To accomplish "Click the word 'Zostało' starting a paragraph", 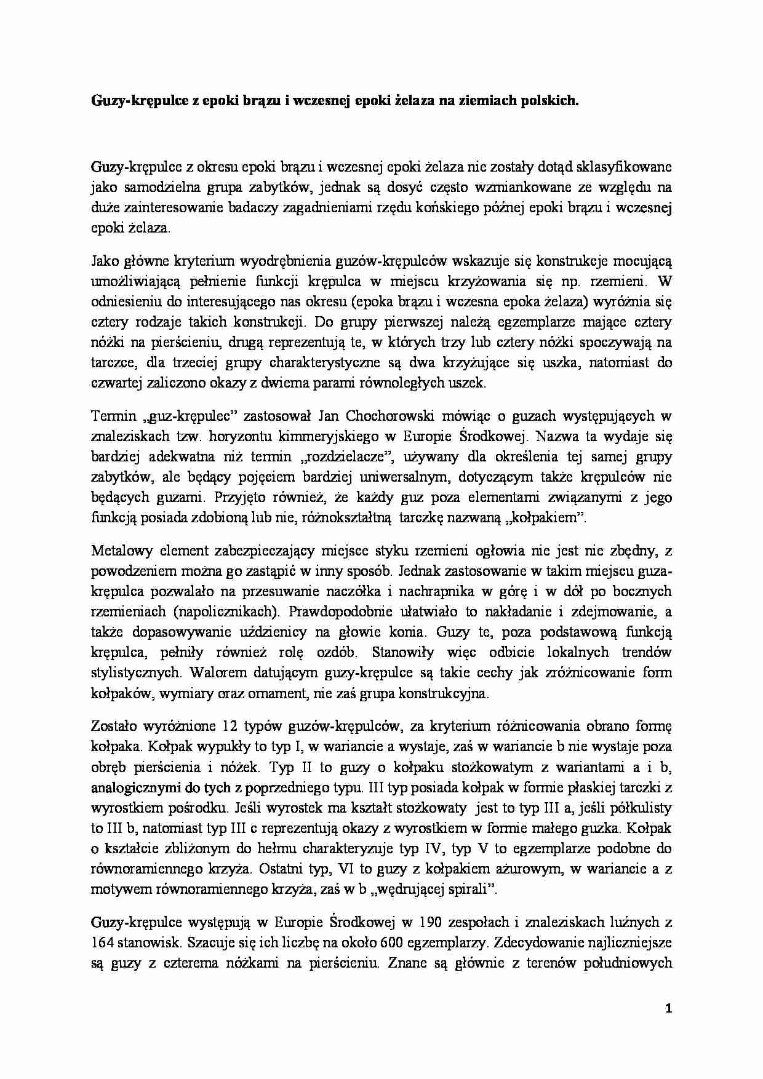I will coord(113,727).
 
